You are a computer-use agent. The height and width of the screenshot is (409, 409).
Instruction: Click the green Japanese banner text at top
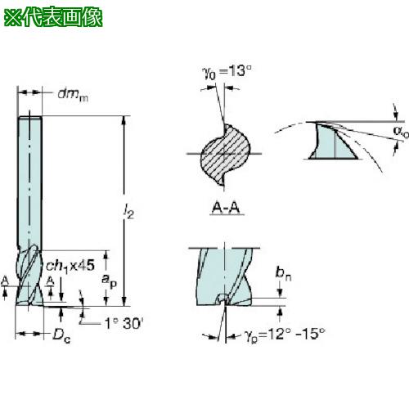(x=53, y=17)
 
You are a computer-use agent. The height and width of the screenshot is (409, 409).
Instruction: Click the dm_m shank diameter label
(x=73, y=95)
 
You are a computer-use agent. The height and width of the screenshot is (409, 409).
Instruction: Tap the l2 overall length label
(x=128, y=211)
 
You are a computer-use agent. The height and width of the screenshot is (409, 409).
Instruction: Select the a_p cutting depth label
(x=109, y=281)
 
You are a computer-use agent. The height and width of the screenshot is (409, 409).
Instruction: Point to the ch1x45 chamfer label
(x=70, y=266)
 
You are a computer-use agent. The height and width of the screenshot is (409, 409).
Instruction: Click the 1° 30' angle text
(x=124, y=324)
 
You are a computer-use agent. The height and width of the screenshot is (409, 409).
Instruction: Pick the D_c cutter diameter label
(x=61, y=335)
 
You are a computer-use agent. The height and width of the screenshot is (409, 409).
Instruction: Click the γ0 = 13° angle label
(x=227, y=72)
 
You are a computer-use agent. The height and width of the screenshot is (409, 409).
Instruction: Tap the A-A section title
(x=226, y=208)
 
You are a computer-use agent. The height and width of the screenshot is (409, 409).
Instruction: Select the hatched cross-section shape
(x=225, y=155)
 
